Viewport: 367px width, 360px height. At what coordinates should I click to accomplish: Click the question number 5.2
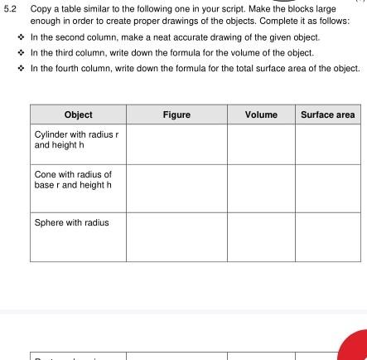(9, 9)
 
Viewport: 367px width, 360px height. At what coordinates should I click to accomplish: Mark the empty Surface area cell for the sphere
(327, 237)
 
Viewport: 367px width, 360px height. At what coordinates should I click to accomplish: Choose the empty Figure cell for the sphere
(176, 237)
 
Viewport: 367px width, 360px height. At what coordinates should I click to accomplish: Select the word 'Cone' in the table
(43, 174)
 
